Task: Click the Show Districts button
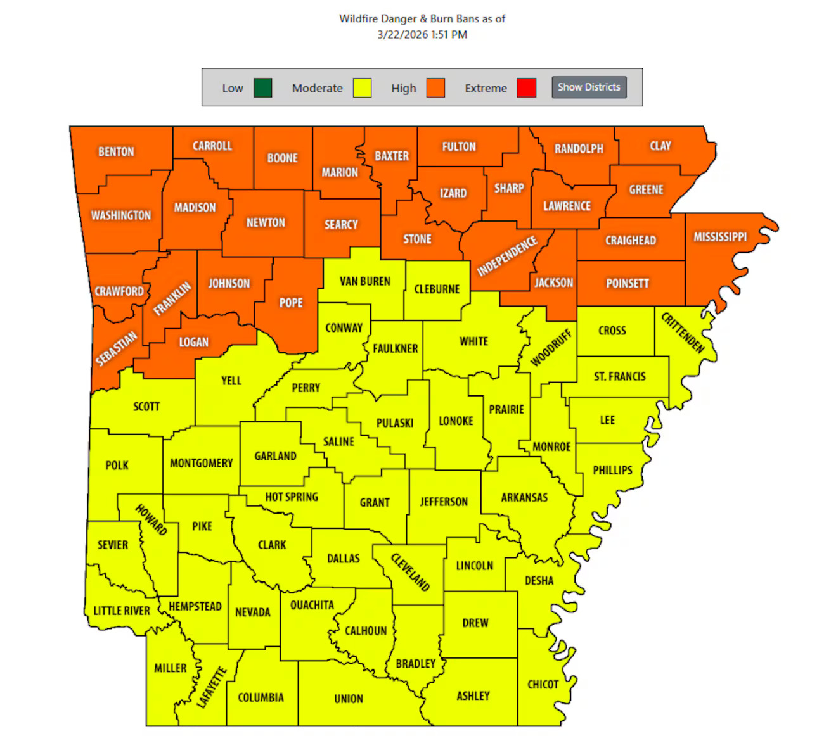[x=589, y=87]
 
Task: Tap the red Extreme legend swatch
[x=526, y=88]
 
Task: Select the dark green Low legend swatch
[x=262, y=88]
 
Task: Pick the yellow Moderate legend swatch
[x=362, y=88]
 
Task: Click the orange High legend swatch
[x=435, y=88]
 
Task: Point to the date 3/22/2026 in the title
[x=402, y=35]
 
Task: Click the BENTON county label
[x=116, y=152]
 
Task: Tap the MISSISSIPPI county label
[x=720, y=237]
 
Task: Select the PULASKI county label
[x=395, y=423]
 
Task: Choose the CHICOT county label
[x=543, y=685]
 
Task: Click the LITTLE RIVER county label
[x=122, y=611]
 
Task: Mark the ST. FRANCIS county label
[x=619, y=377]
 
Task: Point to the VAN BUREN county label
[x=365, y=281]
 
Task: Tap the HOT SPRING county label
[x=292, y=497]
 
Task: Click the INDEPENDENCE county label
[x=507, y=257]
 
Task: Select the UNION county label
[x=349, y=699]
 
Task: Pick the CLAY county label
[x=660, y=146]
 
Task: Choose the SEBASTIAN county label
[x=117, y=348]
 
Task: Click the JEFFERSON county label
[x=444, y=502]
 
